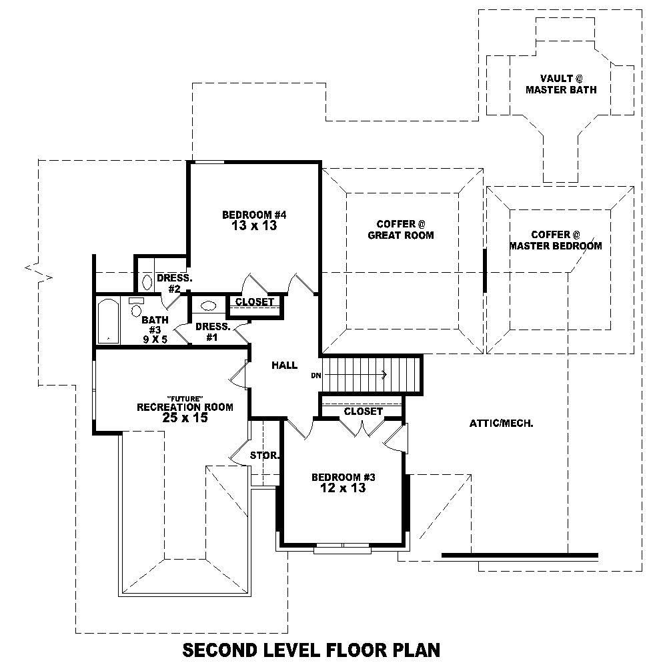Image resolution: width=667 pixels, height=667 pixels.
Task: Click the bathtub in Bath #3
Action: tap(108, 321)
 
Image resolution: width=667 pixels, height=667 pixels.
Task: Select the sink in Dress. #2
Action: tap(147, 280)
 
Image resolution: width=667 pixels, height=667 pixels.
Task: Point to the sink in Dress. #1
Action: tap(208, 305)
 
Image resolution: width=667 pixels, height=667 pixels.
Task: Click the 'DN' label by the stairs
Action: tap(316, 376)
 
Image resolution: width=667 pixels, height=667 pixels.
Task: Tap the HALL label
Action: tap(284, 366)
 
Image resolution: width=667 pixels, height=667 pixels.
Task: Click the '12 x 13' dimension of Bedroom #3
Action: tap(344, 488)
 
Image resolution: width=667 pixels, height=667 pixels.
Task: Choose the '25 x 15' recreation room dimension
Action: tap(185, 418)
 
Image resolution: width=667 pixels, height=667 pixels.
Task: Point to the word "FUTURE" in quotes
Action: tap(185, 398)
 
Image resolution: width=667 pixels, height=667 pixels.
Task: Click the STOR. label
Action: tap(263, 456)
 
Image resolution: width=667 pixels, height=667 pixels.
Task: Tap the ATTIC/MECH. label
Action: tap(501, 423)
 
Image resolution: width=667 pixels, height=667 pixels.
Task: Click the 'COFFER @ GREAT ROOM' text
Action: tap(401, 229)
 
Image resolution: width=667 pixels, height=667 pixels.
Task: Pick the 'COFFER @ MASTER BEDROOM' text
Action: tap(556, 240)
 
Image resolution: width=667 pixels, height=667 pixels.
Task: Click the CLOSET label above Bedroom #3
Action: tap(363, 412)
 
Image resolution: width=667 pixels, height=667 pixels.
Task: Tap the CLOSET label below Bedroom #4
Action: tap(255, 302)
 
